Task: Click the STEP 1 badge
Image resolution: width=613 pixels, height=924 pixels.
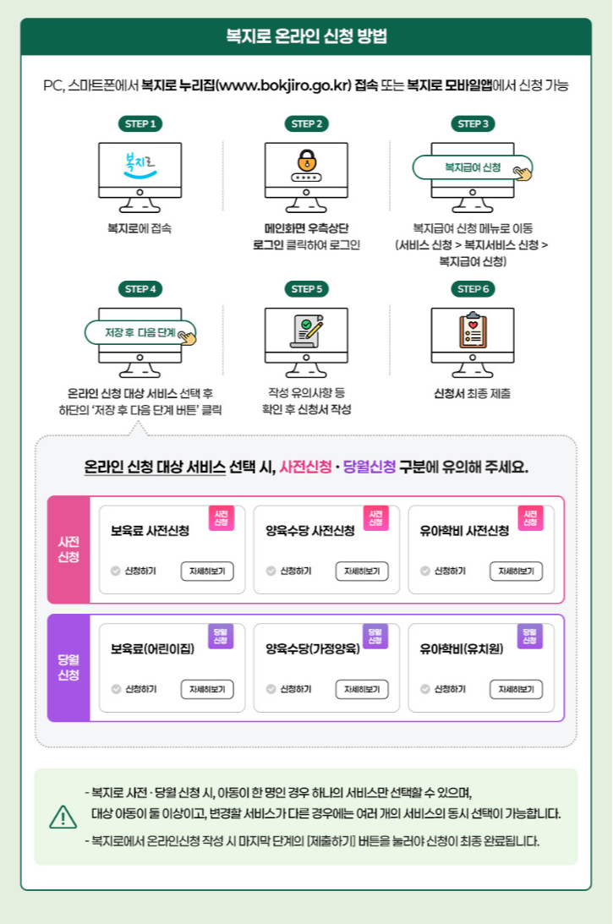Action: tap(140, 124)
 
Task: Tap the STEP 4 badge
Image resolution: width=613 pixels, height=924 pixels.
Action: tap(140, 289)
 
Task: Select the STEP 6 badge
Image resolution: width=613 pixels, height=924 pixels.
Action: tap(473, 289)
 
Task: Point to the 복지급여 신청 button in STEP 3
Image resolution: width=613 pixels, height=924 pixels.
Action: tap(473, 167)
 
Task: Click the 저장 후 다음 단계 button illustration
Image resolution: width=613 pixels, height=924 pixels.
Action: tap(140, 332)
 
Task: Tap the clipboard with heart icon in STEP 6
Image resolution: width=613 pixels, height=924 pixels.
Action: tap(473, 332)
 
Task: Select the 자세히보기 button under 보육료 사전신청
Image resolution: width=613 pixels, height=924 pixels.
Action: tap(207, 571)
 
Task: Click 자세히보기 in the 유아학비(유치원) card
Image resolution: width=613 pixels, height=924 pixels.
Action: tap(516, 689)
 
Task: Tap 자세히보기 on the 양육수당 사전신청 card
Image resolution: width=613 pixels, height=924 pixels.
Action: tap(362, 571)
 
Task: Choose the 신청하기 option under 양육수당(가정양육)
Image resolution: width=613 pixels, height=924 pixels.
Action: tap(288, 689)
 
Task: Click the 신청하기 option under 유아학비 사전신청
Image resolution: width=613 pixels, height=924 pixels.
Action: tap(443, 571)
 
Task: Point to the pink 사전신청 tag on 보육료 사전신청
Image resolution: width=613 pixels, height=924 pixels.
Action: tap(221, 518)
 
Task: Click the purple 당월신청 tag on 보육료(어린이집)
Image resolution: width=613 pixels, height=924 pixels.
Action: tap(221, 636)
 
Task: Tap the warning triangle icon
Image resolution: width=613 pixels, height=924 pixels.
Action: tap(63, 817)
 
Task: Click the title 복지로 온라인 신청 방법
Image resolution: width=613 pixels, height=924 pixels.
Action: tap(306, 36)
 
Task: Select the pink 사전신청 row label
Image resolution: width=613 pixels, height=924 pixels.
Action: tap(68, 549)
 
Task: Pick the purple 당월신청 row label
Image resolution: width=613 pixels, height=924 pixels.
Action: tap(68, 667)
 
